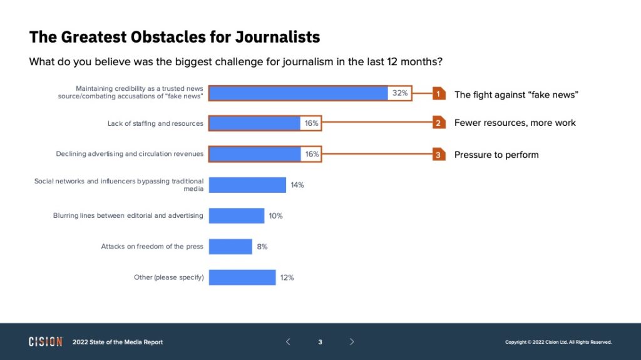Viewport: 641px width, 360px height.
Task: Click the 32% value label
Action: click(400, 93)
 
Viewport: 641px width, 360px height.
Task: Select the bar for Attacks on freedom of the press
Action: click(230, 247)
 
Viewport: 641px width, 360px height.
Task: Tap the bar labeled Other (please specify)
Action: click(242, 277)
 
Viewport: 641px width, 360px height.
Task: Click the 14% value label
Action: click(297, 185)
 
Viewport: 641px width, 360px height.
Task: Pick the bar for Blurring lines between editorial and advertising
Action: click(237, 216)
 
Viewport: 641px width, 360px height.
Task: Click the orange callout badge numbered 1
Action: click(439, 94)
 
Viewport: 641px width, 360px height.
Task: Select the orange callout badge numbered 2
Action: click(439, 123)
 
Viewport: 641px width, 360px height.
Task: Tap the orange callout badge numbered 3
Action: click(439, 155)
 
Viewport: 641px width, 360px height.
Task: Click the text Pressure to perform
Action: click(496, 155)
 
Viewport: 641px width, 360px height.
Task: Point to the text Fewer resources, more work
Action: click(515, 123)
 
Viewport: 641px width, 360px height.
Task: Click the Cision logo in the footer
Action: click(46, 342)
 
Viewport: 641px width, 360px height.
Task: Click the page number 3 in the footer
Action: click(320, 342)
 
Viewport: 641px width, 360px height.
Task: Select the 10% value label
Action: click(275, 216)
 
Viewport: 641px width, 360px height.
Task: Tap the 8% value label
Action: click(262, 247)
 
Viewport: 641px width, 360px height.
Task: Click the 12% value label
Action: click(287, 277)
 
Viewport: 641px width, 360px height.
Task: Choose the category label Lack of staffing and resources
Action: click(155, 123)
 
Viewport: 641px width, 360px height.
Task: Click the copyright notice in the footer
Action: click(558, 342)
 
